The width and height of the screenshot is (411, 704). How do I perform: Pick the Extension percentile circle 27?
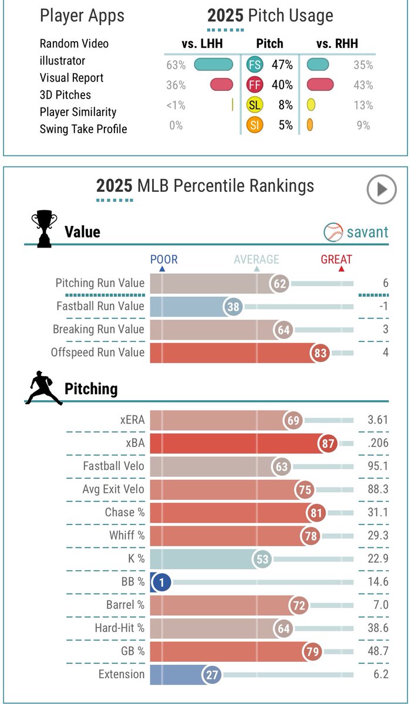pyautogui.click(x=212, y=675)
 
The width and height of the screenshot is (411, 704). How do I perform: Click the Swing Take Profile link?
pyautogui.click(x=83, y=128)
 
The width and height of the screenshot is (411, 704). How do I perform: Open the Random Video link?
pyautogui.click(x=74, y=43)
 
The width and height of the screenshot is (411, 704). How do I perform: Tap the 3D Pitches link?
pyautogui.click(x=65, y=94)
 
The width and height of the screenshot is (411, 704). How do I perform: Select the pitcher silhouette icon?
pyautogui.click(x=46, y=388)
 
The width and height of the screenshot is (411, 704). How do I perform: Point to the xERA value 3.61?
pyautogui.click(x=376, y=421)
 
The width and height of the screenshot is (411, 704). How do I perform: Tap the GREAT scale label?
pyautogui.click(x=336, y=259)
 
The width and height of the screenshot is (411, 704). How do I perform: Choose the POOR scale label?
pyautogui.click(x=164, y=259)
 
